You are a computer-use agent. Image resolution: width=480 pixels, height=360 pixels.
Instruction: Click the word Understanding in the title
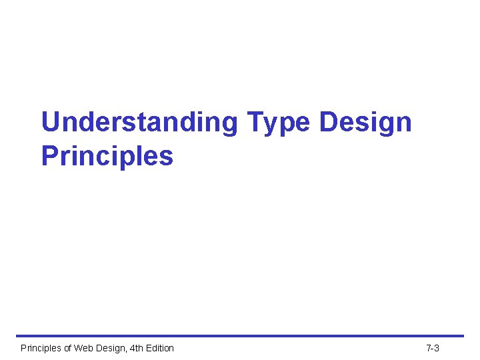(139, 123)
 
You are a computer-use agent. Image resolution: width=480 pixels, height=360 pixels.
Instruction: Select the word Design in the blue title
(365, 123)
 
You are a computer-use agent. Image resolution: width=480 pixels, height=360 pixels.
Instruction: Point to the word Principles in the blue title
(107, 156)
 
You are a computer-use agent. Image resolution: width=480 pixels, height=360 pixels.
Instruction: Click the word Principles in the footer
(42, 348)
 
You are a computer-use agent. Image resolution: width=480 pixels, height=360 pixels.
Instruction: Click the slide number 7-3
(433, 348)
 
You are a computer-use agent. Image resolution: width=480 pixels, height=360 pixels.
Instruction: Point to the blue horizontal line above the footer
(240, 336)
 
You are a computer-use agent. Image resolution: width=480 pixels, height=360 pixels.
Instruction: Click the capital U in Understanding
(51, 123)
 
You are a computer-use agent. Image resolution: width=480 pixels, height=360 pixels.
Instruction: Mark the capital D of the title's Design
(328, 123)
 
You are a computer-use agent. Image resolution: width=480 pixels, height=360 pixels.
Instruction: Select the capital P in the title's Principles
(50, 156)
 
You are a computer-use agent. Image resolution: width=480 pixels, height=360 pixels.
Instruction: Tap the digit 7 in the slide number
(429, 348)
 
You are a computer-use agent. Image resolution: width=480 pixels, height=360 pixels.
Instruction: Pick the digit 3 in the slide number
(437, 348)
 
